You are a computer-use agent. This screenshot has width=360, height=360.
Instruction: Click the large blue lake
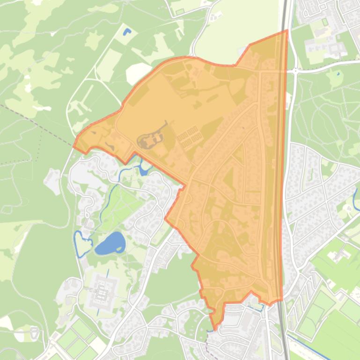click(x=110, y=243)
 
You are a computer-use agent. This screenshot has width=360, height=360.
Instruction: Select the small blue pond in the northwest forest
click(x=126, y=32)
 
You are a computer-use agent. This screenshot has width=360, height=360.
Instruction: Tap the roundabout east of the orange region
click(x=295, y=71)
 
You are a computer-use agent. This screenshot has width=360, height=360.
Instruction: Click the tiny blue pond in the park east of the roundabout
click(x=338, y=73)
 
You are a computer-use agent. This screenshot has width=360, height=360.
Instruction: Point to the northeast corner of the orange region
click(x=287, y=31)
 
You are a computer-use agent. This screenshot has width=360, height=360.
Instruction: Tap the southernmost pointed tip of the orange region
click(x=215, y=329)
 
